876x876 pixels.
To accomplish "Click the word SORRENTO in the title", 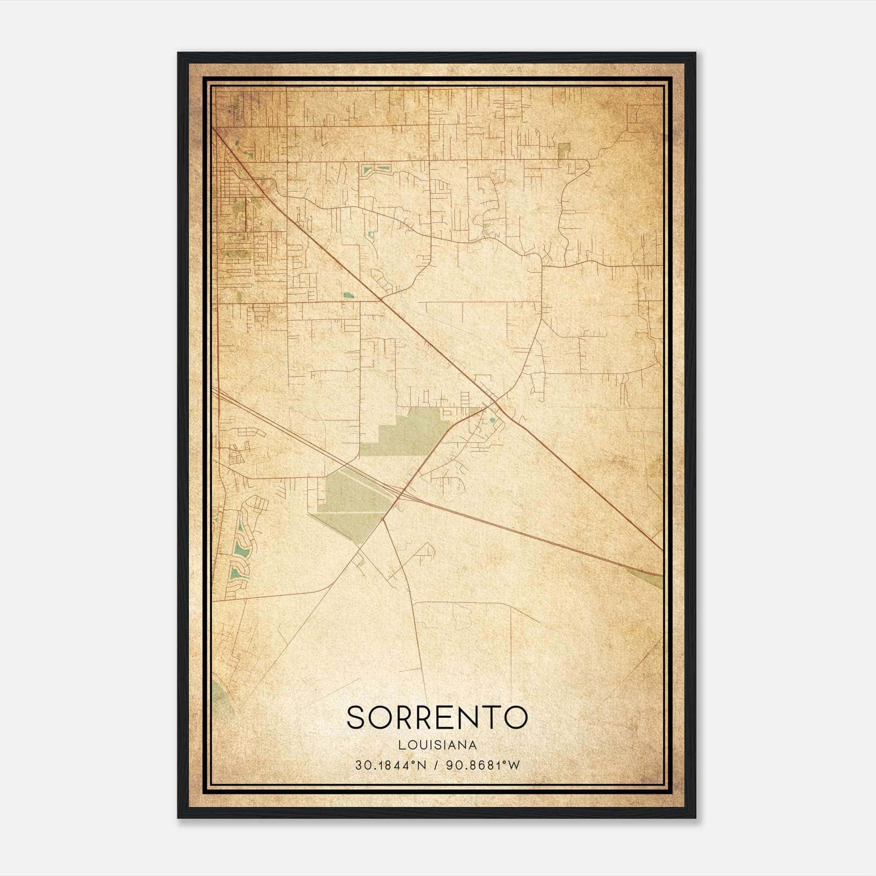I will (x=437, y=717).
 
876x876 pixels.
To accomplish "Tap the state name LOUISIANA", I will (x=437, y=745).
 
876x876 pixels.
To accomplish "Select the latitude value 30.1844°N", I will (x=390, y=765).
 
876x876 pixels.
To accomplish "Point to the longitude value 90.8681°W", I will (x=483, y=765).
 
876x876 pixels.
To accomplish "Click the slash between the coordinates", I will (x=437, y=765).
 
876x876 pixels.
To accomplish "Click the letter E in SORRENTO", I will (x=442, y=717).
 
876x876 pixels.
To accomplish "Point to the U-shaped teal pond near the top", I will (x=376, y=170).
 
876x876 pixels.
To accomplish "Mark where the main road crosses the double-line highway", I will (x=400, y=491).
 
